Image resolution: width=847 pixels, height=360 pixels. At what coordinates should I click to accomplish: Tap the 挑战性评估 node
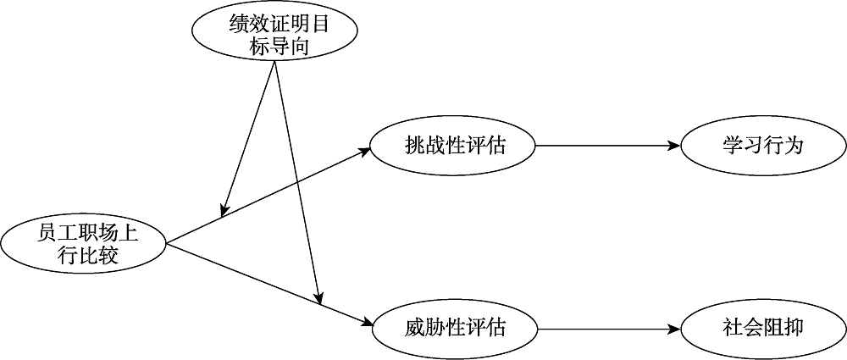click(x=454, y=145)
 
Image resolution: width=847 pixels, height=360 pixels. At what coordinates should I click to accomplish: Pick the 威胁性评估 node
click(x=454, y=326)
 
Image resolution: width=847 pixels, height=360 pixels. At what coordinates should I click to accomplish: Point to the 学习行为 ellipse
click(x=761, y=145)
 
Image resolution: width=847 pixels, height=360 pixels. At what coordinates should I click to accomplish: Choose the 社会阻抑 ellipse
click(x=761, y=326)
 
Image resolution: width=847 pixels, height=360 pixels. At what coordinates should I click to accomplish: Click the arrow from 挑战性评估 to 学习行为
click(x=606, y=145)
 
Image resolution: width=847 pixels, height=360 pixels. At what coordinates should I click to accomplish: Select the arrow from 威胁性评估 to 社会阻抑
click(x=606, y=326)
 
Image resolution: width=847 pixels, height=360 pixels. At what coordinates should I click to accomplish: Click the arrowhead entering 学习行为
click(x=674, y=145)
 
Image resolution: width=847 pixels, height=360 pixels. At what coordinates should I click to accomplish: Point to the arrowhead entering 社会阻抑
click(x=674, y=326)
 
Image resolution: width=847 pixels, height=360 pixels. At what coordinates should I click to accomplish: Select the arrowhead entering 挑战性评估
click(x=365, y=151)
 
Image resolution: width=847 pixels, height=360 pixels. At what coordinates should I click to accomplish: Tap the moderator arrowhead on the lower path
click(x=320, y=299)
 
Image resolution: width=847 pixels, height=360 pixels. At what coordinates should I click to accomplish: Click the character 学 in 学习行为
click(x=732, y=145)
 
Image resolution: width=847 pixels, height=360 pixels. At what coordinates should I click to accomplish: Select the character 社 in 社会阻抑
click(x=732, y=326)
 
